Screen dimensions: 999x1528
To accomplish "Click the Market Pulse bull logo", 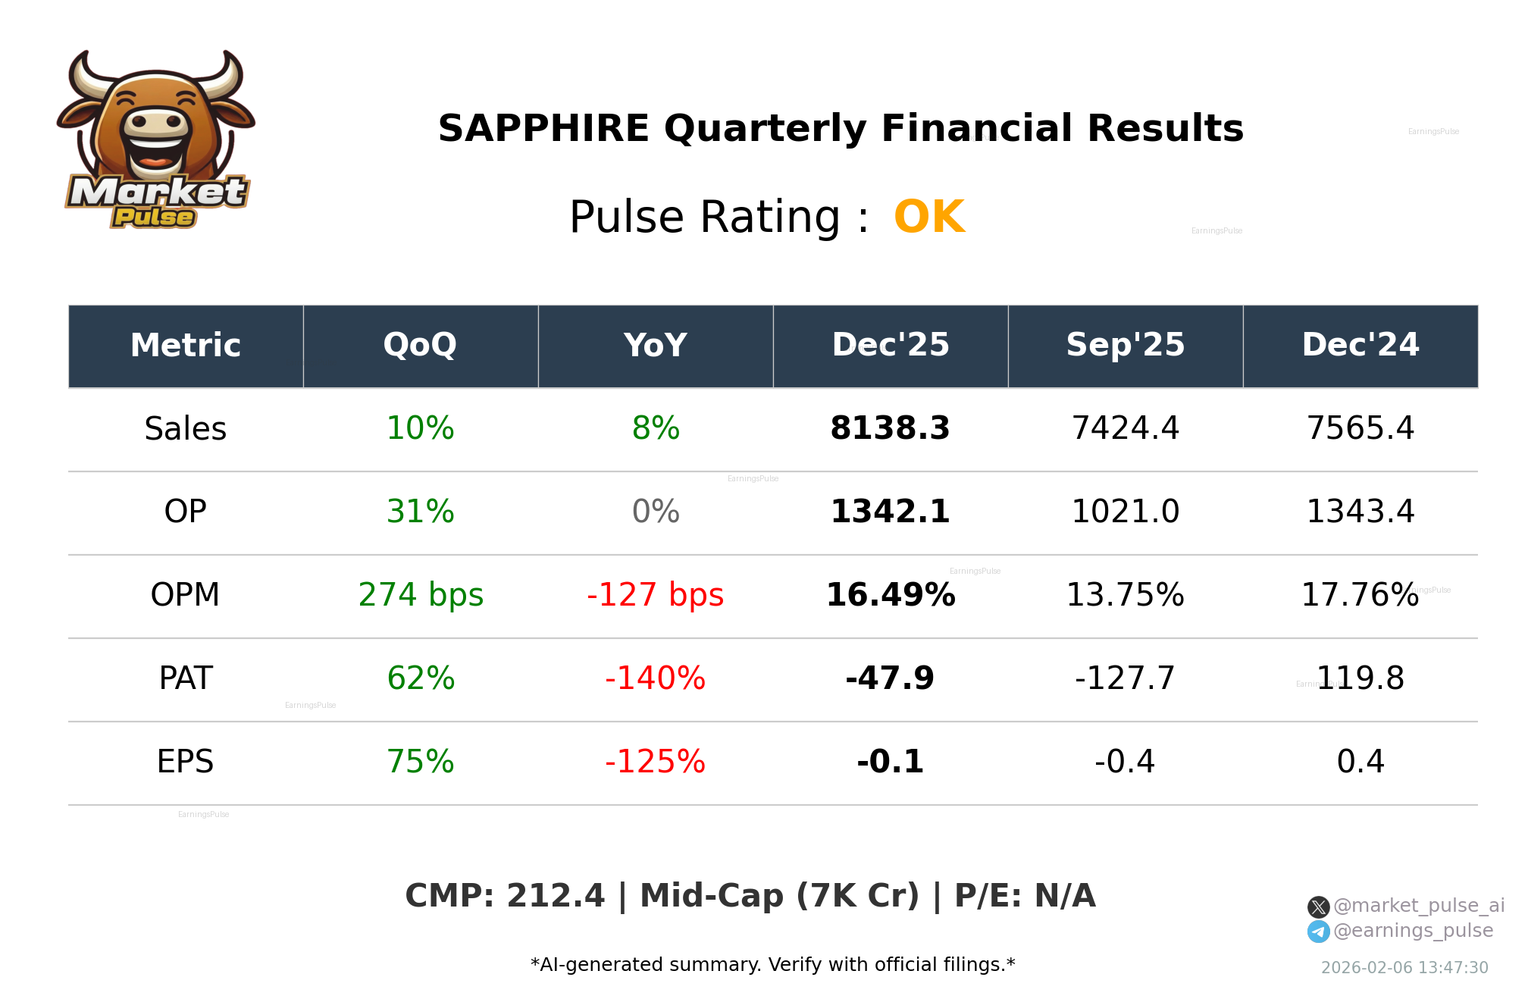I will click(155, 140).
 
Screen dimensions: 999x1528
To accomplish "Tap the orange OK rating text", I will click(928, 218).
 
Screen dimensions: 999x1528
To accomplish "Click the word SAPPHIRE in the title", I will click(543, 128).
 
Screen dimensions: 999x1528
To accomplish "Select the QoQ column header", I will click(420, 346).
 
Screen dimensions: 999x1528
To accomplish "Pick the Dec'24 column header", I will click(1360, 346).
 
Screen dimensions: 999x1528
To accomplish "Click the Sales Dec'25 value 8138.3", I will click(890, 428).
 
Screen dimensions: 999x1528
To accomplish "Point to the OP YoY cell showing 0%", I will click(655, 512).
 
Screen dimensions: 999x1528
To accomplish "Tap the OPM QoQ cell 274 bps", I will click(420, 595).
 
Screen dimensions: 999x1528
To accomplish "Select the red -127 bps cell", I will click(655, 595).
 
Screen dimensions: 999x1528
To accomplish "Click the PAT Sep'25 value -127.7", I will click(1125, 678).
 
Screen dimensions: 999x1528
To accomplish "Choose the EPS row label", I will click(185, 762).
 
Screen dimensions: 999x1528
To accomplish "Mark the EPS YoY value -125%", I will click(655, 762).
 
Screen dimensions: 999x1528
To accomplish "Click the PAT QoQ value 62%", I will click(420, 678).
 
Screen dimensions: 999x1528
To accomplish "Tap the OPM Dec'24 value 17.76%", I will click(1360, 595).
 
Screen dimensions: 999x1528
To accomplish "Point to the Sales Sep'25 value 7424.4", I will click(1125, 428).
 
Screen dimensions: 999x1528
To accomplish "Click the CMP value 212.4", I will click(555, 896).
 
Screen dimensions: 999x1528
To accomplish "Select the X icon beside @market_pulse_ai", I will click(1318, 907).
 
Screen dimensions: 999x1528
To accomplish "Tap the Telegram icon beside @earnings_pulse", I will click(1318, 932).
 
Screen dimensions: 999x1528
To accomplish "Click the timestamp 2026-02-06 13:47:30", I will click(1404, 968).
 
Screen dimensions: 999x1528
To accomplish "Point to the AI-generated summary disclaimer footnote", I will click(772, 965).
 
